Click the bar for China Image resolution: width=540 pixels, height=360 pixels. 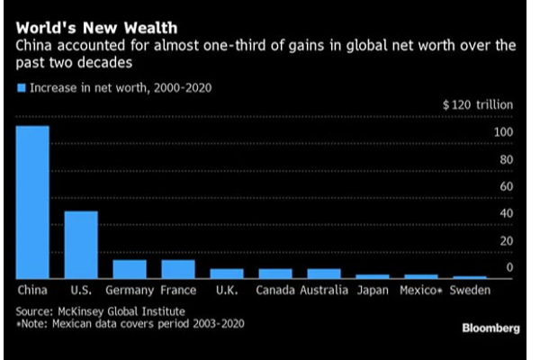click(x=32, y=202)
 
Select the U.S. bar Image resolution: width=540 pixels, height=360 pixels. click(x=81, y=245)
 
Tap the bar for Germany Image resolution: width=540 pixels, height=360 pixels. click(x=130, y=269)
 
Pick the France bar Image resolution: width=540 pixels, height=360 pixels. click(x=178, y=269)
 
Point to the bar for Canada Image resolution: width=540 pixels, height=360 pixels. click(x=274, y=274)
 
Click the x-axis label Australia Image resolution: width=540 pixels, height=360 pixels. click(x=323, y=291)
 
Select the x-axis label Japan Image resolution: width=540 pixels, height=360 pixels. click(x=373, y=291)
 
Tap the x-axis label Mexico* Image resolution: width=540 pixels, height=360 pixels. click(x=421, y=291)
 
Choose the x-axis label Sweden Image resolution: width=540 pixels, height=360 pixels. click(x=470, y=291)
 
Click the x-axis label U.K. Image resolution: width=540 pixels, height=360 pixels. click(x=227, y=291)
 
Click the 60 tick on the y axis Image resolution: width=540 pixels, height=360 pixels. click(x=507, y=186)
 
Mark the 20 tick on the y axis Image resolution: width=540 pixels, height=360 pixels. click(x=507, y=240)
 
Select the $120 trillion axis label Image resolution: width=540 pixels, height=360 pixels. click(x=478, y=105)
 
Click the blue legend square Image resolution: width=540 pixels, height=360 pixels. click(x=22, y=88)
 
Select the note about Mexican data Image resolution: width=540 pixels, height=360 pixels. click(x=130, y=323)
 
